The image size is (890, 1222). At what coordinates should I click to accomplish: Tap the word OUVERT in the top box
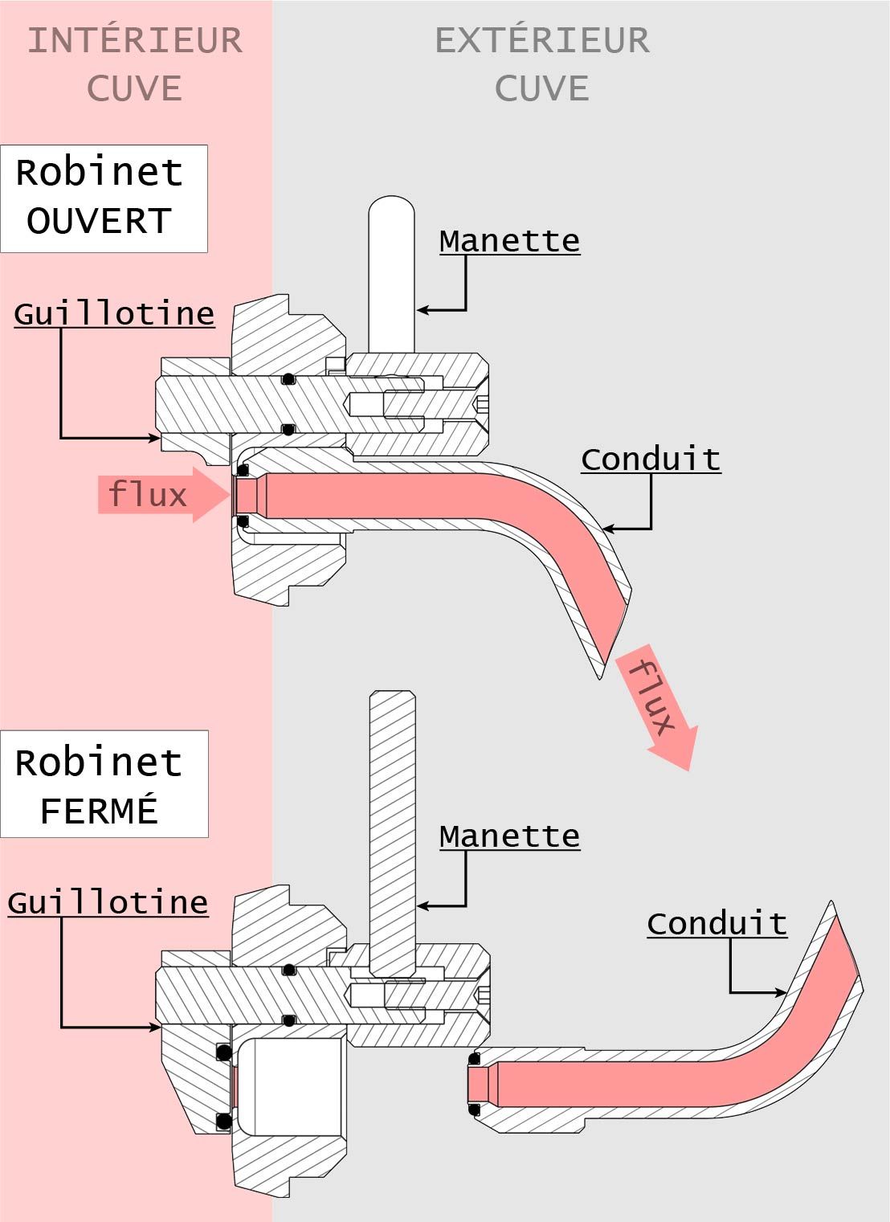coord(100,221)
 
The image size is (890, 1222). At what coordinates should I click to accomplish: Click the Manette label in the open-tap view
coord(509,241)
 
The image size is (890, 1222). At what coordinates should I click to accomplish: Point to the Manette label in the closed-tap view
coord(509,836)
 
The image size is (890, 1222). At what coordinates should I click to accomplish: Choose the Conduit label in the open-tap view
coord(651,460)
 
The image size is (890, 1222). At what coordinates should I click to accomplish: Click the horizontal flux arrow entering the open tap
coord(164,494)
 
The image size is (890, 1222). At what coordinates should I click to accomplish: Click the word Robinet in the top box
coord(100,173)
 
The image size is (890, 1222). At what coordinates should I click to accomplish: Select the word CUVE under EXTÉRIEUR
coord(542,88)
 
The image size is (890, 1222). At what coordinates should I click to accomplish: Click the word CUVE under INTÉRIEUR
coord(135,88)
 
